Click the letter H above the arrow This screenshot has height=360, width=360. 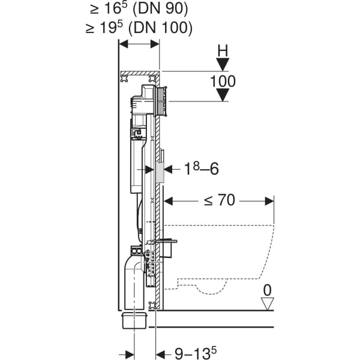223,50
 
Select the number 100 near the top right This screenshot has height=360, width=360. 223,81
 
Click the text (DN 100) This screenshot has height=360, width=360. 163,27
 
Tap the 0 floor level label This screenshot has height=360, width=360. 267,291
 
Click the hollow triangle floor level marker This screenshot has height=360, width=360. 268,304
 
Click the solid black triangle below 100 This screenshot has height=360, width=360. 223,95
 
